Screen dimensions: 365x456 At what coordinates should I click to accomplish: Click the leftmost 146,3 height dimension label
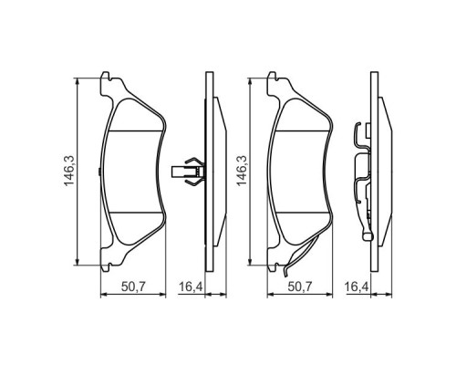click(x=69, y=170)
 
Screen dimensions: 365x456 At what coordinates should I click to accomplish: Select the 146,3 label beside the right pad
click(x=241, y=170)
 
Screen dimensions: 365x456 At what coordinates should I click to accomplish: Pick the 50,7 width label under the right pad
click(x=304, y=287)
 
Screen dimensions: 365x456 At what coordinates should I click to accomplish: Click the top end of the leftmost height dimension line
click(x=78, y=77)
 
